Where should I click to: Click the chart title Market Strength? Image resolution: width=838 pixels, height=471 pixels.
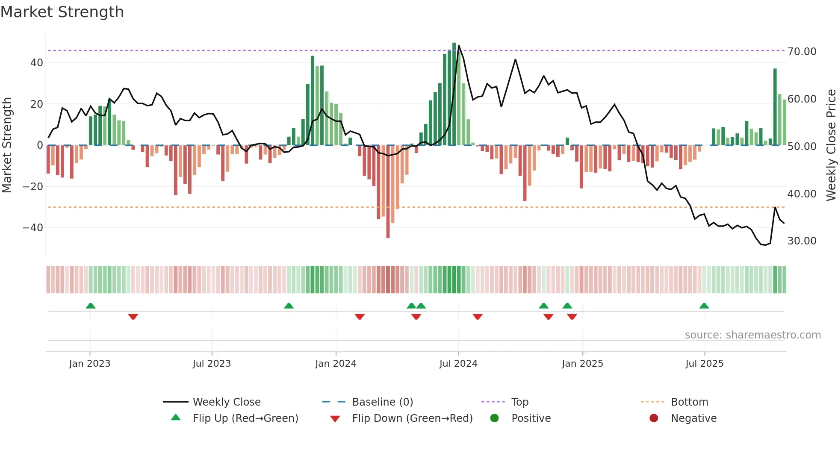[62, 12]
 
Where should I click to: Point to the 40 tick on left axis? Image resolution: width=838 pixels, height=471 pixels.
[37, 63]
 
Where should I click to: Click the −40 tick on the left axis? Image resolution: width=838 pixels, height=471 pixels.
[33, 228]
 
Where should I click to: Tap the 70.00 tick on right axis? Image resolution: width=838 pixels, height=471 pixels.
[802, 52]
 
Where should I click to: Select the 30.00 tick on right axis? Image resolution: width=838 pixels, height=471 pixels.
[802, 241]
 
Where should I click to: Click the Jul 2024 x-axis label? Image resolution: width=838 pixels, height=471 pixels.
[458, 364]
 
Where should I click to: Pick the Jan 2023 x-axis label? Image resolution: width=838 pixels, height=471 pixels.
[90, 364]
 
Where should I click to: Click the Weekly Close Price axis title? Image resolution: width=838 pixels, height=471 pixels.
[831, 145]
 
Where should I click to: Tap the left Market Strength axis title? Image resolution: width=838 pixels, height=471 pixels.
[7, 145]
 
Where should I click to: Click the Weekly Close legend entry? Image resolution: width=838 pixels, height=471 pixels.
[227, 402]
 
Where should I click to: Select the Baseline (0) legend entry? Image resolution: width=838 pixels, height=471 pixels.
[382, 402]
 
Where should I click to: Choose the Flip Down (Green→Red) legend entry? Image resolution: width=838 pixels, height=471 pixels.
[412, 418]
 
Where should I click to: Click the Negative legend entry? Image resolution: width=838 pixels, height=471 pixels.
[693, 418]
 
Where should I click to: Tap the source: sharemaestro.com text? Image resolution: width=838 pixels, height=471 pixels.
[752, 335]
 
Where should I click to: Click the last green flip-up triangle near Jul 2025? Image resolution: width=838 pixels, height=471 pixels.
[704, 306]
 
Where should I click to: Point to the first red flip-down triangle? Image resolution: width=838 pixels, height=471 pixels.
[133, 317]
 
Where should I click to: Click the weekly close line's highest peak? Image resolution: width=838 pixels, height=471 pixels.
[459, 46]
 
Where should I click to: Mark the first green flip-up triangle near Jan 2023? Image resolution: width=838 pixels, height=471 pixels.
[91, 306]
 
